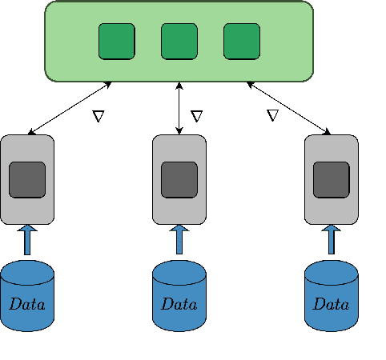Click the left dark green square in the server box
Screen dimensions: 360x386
coord(116,42)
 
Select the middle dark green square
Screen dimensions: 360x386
coord(179,42)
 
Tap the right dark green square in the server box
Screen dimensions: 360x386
coord(241,42)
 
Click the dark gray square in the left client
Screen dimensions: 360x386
coord(27,179)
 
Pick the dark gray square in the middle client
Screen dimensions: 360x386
coord(179,179)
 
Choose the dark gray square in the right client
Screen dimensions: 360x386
coord(331,179)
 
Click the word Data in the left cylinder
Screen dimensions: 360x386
coord(27,304)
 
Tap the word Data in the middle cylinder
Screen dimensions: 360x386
coord(179,304)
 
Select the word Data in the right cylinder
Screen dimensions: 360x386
coord(331,304)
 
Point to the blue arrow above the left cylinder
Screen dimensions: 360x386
coord(27,239)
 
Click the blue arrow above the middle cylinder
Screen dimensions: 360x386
coord(179,239)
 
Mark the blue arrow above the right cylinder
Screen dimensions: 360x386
coord(331,239)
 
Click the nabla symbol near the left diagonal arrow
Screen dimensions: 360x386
coord(99,116)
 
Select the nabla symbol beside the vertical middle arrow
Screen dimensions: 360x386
coord(196,116)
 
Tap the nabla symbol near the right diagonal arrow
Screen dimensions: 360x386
coord(272,116)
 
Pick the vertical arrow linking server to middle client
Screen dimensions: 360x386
coord(179,107)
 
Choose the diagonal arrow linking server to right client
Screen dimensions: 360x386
coord(288,107)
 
